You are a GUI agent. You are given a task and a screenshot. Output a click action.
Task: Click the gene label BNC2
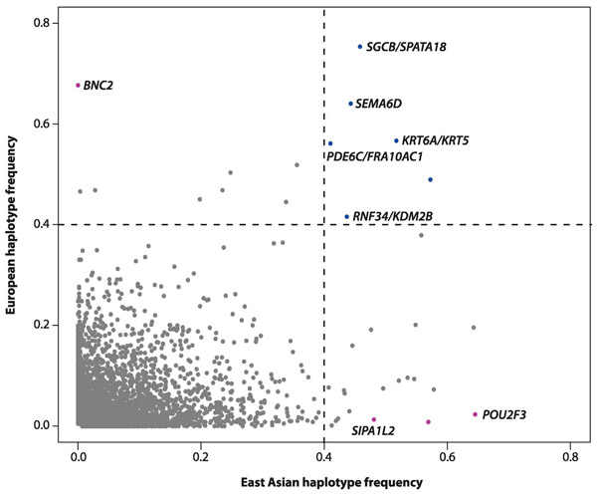(99, 86)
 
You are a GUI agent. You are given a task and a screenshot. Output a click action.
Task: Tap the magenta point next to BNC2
(78, 86)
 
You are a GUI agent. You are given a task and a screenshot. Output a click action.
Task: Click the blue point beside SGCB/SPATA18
(360, 47)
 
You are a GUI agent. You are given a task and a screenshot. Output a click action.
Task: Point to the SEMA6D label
(378, 104)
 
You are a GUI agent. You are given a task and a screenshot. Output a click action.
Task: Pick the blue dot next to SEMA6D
(351, 104)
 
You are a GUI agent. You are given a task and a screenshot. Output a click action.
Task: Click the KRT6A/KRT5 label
(435, 140)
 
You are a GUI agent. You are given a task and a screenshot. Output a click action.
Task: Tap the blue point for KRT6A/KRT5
(396, 140)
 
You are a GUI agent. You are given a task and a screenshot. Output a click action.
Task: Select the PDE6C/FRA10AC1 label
(375, 156)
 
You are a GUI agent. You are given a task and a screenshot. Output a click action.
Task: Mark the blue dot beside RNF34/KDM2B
(346, 217)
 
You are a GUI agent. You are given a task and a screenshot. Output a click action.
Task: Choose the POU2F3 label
(508, 414)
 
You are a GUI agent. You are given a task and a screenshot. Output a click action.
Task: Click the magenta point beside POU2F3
(476, 414)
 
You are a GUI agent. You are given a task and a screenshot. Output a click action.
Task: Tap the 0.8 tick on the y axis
(60, 21)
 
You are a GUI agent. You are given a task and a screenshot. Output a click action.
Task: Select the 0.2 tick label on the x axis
(201, 456)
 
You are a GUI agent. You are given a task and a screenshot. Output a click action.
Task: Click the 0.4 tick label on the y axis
(41, 224)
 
